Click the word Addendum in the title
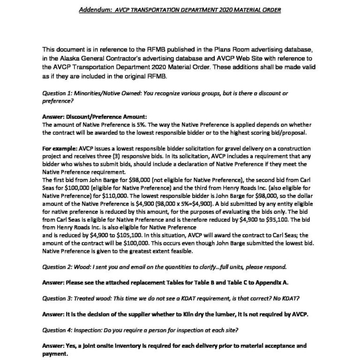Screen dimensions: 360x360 [93, 9]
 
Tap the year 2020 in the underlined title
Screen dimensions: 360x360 [216, 9]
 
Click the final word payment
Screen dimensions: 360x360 [54, 354]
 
